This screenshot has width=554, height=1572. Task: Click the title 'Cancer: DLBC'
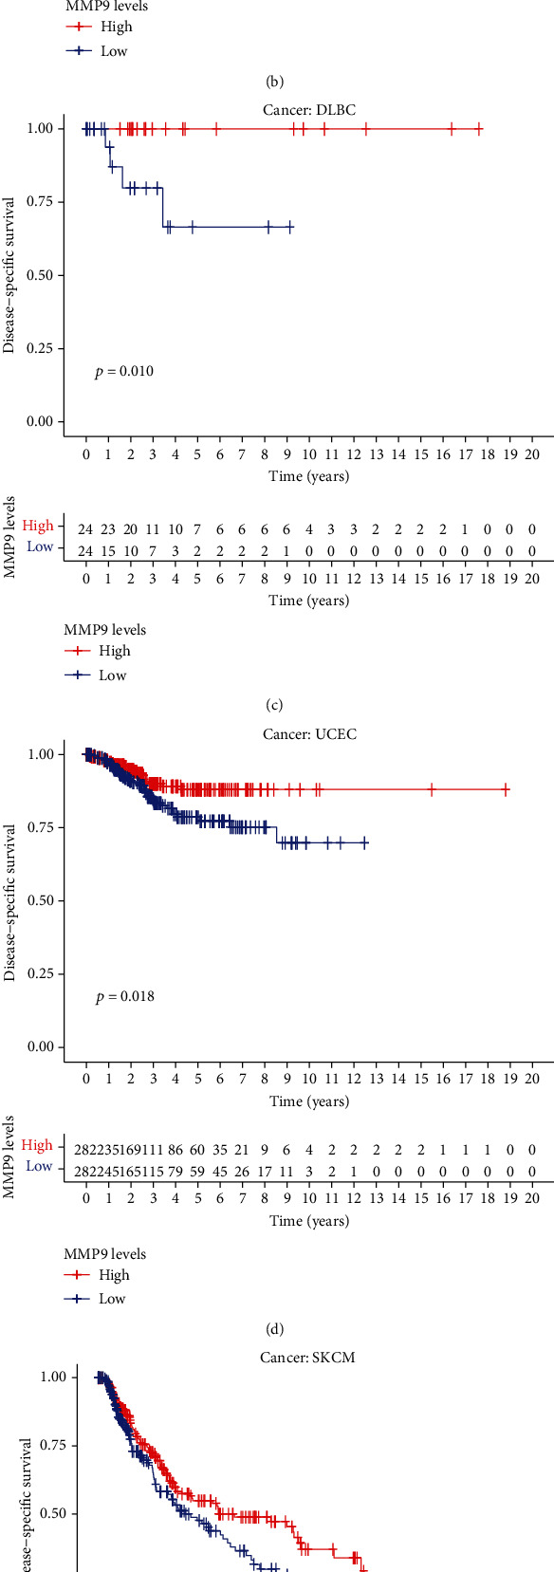[309, 110]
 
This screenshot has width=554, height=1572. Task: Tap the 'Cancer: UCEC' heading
[309, 734]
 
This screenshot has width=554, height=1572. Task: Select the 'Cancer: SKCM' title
[308, 1358]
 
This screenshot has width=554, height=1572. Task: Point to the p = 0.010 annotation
[124, 371]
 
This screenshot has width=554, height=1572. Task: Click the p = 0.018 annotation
[124, 996]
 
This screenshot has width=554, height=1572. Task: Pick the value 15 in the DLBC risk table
[108, 548]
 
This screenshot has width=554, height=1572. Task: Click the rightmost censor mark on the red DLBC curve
[479, 129]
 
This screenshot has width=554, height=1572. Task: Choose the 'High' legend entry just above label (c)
[115, 651]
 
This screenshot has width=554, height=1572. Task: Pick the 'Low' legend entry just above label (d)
[113, 1299]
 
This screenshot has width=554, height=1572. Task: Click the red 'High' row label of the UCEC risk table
[38, 1145]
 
